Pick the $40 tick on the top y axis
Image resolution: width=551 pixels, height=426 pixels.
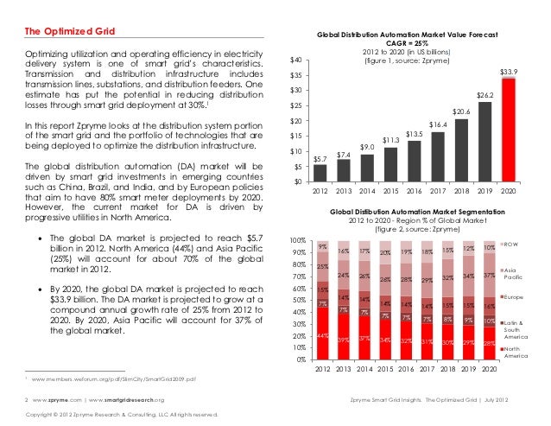[x=295, y=60]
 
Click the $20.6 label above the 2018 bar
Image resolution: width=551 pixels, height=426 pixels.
[x=461, y=112]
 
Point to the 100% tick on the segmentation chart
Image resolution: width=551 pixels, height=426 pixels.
[x=297, y=239]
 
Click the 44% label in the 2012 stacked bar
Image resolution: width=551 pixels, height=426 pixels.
[x=321, y=335]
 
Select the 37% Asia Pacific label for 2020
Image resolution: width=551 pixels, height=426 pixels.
[x=489, y=276]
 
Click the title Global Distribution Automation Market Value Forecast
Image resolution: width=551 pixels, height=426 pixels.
[x=413, y=37]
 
